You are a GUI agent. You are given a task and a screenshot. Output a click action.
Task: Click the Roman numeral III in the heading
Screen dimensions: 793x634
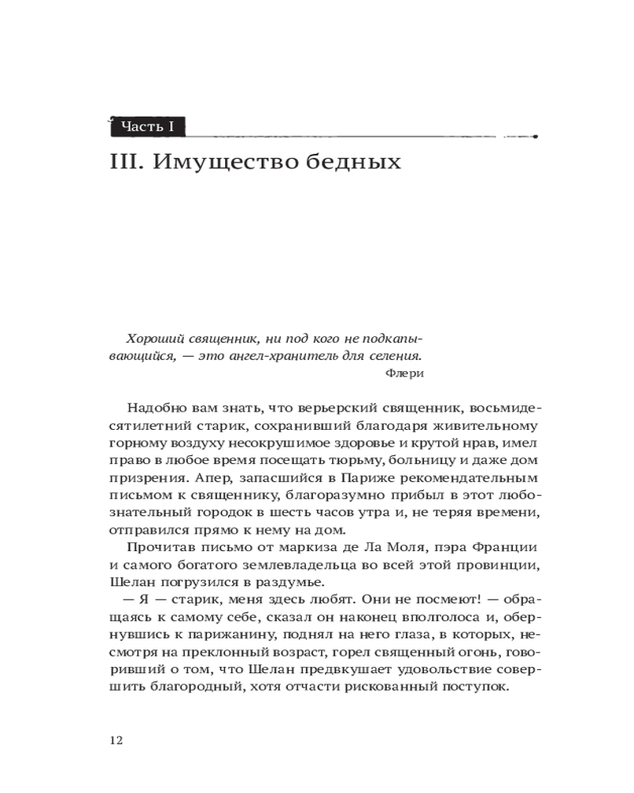[125, 163]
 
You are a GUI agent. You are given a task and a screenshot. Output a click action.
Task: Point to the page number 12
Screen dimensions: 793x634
[116, 740]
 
